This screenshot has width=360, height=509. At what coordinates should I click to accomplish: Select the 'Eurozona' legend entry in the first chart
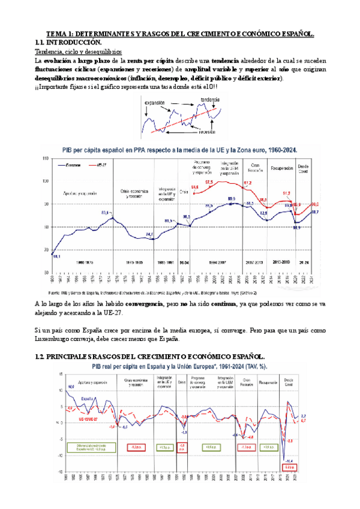pyautogui.click(x=71, y=163)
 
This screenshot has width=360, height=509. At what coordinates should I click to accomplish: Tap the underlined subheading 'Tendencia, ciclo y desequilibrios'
pyautogui.click(x=79, y=52)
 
